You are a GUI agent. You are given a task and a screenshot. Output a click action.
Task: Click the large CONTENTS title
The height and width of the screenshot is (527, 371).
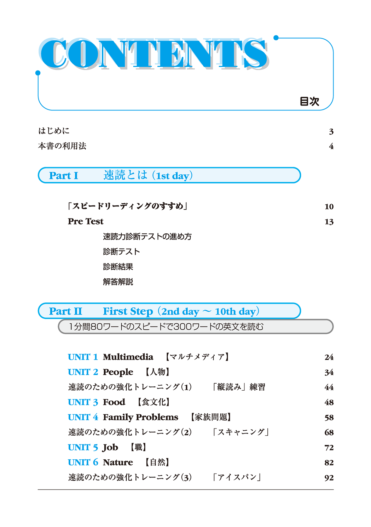(154, 53)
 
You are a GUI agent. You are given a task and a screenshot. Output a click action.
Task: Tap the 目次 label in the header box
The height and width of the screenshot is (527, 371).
(309, 101)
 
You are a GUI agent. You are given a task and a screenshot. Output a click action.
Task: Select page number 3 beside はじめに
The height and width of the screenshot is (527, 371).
(331, 131)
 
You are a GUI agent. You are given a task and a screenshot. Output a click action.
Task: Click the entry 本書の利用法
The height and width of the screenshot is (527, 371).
(62, 146)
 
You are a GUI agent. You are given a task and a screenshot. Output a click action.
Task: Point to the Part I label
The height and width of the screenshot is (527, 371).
(63, 176)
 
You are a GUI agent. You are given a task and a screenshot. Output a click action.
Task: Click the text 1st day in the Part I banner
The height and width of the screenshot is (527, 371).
(173, 176)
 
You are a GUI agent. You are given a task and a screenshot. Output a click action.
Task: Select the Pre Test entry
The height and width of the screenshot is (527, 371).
(86, 221)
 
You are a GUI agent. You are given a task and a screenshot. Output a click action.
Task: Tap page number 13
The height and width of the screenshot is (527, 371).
(329, 222)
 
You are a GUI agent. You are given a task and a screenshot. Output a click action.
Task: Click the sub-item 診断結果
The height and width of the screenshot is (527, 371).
(118, 267)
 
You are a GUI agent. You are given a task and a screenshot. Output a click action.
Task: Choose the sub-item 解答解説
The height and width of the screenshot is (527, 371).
(118, 282)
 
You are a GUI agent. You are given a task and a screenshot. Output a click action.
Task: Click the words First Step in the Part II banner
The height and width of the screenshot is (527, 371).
(128, 311)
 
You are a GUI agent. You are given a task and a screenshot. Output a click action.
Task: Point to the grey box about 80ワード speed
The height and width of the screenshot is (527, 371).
(196, 327)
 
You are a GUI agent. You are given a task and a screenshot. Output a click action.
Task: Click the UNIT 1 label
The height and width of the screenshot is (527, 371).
(83, 357)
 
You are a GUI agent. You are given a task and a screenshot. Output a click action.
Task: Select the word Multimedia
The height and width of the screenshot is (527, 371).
(128, 357)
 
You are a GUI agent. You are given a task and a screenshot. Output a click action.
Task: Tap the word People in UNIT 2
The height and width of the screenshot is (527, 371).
(118, 372)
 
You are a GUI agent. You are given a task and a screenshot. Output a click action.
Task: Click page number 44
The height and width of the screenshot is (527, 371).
(329, 387)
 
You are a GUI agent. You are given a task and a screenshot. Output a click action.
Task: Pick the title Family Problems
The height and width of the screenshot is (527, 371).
(140, 417)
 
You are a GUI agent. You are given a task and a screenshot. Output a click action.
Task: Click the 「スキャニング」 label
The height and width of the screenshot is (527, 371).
(240, 432)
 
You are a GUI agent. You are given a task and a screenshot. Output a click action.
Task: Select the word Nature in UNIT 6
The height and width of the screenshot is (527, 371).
(118, 462)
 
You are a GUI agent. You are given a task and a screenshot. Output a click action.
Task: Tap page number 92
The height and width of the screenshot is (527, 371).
(329, 478)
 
